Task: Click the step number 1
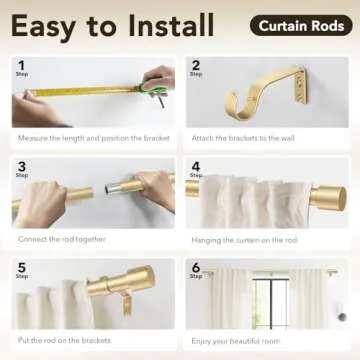coord(20,66)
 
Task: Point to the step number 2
coord(195,66)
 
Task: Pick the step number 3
coord(20,167)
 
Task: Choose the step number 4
coord(195,167)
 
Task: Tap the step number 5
coord(20,267)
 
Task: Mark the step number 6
coord(195,267)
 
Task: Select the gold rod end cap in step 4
coord(326,197)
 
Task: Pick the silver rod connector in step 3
coord(115,188)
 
